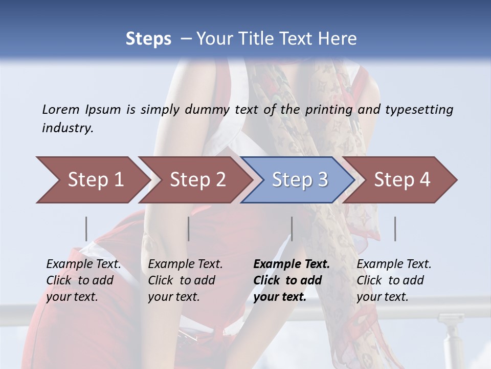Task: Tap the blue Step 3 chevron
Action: [300, 180]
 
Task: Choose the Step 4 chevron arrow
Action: [402, 180]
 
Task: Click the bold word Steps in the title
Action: [148, 39]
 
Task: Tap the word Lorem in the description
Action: [61, 110]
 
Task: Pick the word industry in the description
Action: [68, 128]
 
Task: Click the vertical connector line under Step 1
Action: [86, 229]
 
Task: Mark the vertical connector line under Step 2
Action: [189, 229]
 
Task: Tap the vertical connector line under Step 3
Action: [292, 229]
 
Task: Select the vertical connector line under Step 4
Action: [395, 229]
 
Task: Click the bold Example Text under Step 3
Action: [292, 264]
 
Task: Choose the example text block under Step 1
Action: [83, 280]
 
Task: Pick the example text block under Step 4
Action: [394, 280]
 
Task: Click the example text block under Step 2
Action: [185, 280]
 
